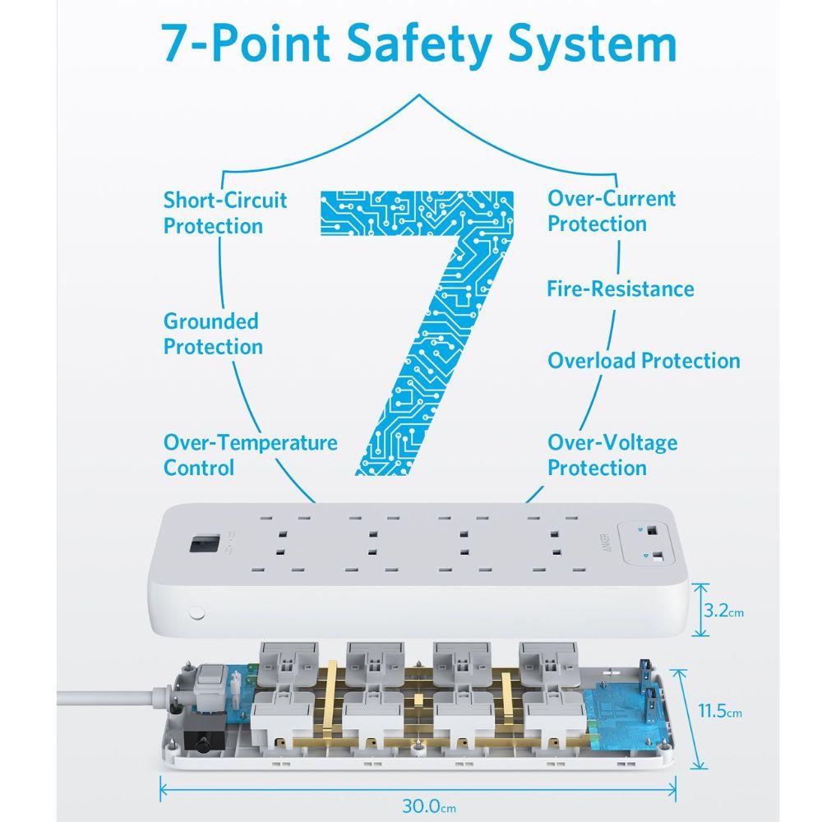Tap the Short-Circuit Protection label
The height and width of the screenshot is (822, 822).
tap(225, 213)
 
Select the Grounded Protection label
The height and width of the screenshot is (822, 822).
tap(213, 334)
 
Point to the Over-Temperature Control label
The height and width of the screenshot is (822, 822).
tap(250, 455)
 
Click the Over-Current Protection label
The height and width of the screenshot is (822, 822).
tap(612, 210)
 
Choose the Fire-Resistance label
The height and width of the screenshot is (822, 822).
tap(620, 289)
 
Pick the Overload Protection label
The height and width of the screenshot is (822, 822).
tap(644, 361)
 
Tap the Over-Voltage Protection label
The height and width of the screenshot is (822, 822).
tap(612, 455)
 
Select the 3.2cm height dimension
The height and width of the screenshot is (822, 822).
tap(723, 611)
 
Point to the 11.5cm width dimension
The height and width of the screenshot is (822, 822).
tap(719, 711)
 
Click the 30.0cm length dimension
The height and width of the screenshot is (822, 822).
tap(429, 806)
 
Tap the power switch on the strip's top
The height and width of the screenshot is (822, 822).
tap(204, 544)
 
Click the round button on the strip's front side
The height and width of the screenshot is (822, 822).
tap(196, 613)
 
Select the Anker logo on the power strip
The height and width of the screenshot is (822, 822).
tap(606, 543)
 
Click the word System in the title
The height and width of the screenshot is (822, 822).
tap(593, 45)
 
